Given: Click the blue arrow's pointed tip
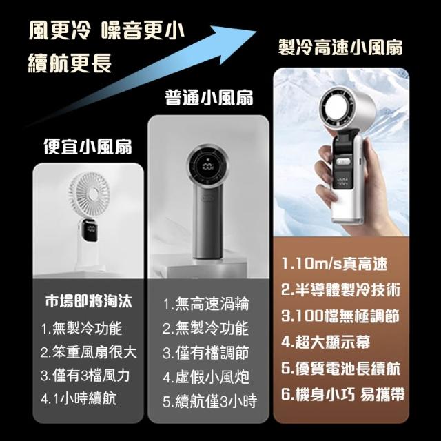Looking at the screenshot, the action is pos(256,31).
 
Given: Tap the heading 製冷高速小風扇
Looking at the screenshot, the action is pos(340,48).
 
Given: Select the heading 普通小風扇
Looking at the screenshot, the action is pos(209,98).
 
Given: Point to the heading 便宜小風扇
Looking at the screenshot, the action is pos(88,147).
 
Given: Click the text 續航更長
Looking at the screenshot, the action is pos(70,63).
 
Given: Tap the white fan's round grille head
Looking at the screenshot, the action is pos(89,195).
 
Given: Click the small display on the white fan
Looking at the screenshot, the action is pos(90,230).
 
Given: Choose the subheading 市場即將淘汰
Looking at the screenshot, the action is pos(88,301).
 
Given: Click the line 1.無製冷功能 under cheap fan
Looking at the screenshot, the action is pos(81,328).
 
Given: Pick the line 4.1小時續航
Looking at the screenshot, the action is pos(79,398).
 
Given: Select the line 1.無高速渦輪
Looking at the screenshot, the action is pos(206,304).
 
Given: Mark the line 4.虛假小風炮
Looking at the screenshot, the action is pos(206,377).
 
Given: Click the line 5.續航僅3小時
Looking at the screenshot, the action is pos(209,401).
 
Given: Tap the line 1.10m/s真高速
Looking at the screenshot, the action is pos(334,263).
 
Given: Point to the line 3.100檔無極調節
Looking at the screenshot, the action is pos(340,316).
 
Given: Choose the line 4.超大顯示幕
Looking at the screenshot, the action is pos(325,342).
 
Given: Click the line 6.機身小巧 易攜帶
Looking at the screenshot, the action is pos(343,394).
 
